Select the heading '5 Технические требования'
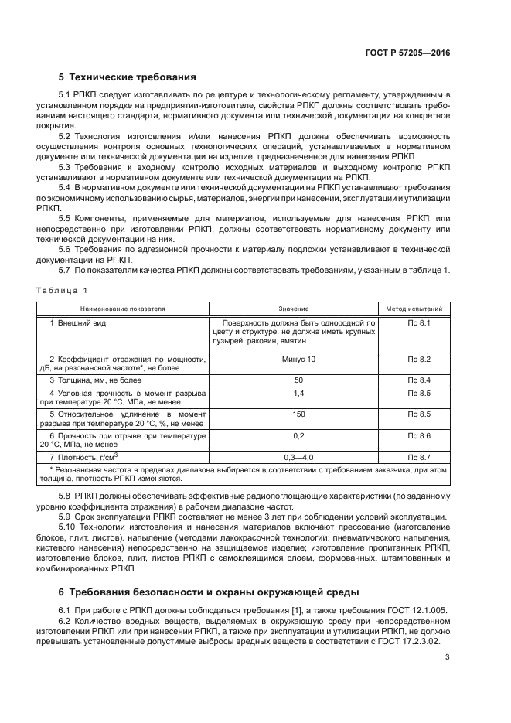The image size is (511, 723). (x=128, y=77)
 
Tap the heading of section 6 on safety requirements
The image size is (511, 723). (x=209, y=592)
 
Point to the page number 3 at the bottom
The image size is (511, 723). (x=448, y=658)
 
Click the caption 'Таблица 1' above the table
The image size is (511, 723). (x=61, y=290)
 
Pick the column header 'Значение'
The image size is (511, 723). (x=293, y=308)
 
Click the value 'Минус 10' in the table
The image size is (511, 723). (x=294, y=360)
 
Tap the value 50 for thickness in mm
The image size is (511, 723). (x=294, y=380)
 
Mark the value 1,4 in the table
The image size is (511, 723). (x=294, y=394)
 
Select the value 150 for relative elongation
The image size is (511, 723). (x=294, y=414)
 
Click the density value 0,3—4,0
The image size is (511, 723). (x=294, y=458)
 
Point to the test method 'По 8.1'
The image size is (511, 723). (x=418, y=322)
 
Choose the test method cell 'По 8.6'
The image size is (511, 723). (x=418, y=436)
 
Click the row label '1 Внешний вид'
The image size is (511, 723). (x=78, y=322)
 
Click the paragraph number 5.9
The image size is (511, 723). (x=67, y=517)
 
